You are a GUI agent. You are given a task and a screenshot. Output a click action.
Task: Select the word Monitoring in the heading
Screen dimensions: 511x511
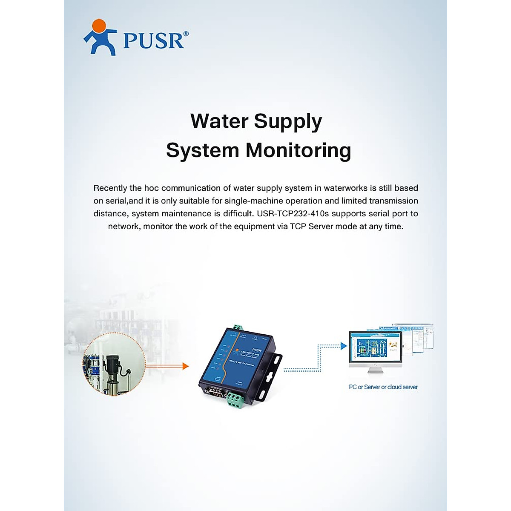point(298,150)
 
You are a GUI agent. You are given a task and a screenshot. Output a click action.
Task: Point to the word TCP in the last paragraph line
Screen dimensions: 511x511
point(298,226)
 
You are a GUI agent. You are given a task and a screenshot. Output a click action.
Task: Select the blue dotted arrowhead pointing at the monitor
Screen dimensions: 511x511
point(344,346)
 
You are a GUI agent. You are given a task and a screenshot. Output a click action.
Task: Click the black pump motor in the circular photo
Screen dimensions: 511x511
point(113,365)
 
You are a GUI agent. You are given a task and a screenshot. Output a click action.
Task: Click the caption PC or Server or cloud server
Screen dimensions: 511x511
point(383,387)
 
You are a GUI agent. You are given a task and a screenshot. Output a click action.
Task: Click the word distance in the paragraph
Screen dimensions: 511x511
point(109,213)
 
